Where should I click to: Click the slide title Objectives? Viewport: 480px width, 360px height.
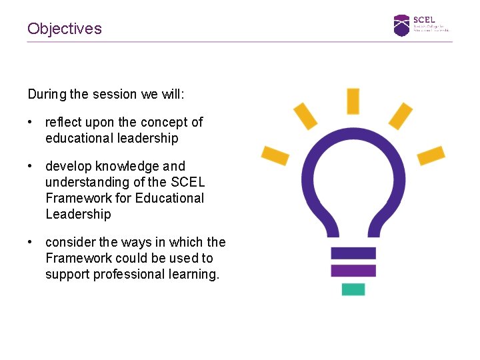65,29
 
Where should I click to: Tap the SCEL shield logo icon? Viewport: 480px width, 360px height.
401,25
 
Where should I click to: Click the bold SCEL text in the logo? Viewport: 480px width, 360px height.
424,19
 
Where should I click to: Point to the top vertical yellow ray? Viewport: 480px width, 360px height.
353,101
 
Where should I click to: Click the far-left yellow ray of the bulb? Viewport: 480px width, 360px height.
275,155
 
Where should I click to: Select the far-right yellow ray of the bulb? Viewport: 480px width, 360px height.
431,155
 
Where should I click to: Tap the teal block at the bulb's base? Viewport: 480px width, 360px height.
353,289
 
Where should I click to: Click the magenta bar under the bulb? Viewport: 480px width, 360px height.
353,271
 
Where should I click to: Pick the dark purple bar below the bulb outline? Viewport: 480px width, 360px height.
353,253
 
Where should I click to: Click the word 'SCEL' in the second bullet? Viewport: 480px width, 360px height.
188,182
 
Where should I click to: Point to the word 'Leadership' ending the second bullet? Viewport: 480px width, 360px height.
78,214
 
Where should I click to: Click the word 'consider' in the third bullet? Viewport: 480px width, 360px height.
69,242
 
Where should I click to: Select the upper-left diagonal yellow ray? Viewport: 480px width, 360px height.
305,116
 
